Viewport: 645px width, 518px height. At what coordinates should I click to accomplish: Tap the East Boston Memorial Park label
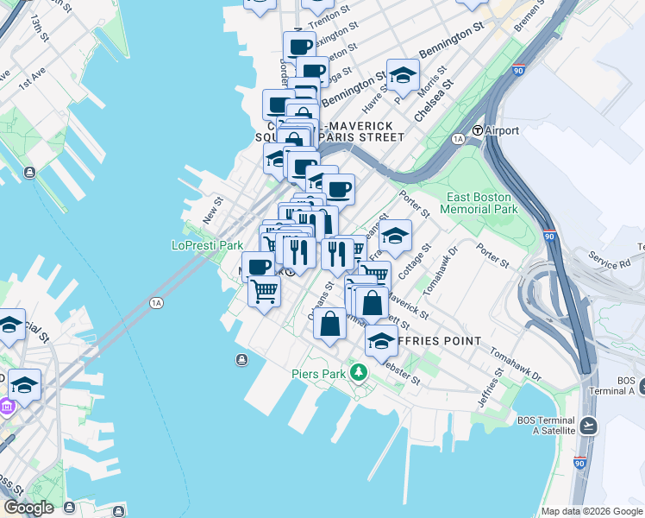tap(479, 203)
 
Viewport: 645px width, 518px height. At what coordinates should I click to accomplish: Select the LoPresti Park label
tap(207, 245)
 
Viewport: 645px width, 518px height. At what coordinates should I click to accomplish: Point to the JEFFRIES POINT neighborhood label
tap(438, 341)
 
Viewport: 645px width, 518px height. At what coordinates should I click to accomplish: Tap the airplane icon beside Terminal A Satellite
tap(588, 425)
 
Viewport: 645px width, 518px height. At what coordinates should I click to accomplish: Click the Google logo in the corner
tap(28, 508)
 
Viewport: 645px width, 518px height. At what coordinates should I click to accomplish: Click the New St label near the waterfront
tap(212, 211)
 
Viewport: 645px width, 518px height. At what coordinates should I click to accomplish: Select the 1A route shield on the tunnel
tap(156, 302)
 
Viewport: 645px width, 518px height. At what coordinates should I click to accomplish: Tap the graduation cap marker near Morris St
tap(403, 76)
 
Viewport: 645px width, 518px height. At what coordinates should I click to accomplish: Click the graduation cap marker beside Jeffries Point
tap(381, 341)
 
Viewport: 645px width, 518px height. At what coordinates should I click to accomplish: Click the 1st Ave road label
tap(31, 80)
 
